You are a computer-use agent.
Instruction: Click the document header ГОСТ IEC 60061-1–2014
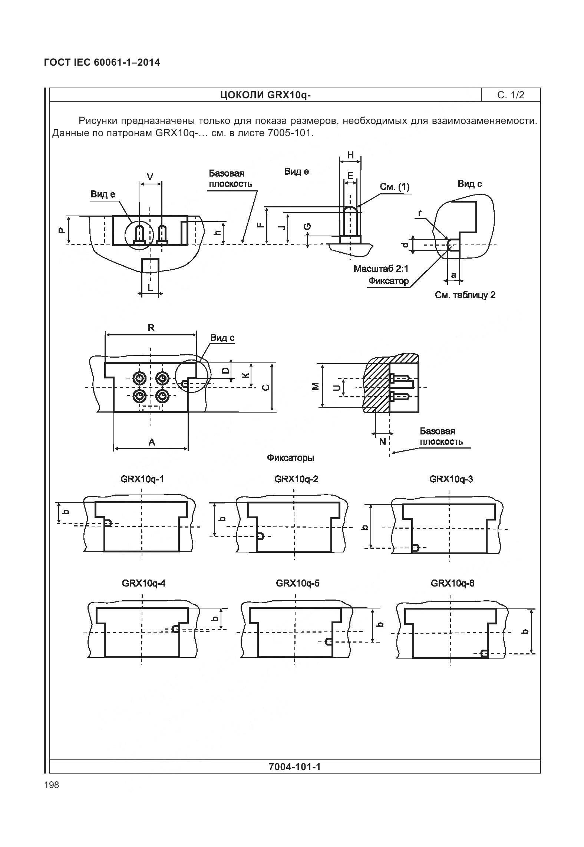tap(102, 62)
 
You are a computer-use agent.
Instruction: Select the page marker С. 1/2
tap(511, 95)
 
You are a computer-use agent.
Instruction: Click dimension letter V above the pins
tap(150, 177)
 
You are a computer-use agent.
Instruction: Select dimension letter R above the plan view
tap(151, 328)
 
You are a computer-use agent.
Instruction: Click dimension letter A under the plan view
tap(151, 442)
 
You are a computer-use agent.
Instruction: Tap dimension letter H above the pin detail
tap(350, 155)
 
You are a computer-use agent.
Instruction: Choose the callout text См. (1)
tap(395, 187)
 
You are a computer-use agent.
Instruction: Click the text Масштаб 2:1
tap(381, 268)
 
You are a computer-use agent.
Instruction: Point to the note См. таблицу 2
tap(465, 295)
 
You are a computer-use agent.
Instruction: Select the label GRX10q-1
tap(142, 479)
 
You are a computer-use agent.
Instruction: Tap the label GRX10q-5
tap(297, 583)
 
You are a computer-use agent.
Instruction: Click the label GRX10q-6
tap(452, 583)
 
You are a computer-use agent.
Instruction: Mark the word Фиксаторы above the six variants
tap(290, 457)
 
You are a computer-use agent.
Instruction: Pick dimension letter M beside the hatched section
tap(315, 387)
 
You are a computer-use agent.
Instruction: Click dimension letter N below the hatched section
tap(382, 441)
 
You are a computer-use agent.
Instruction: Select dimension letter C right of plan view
tap(265, 388)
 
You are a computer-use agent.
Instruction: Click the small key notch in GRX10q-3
tap(416, 547)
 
